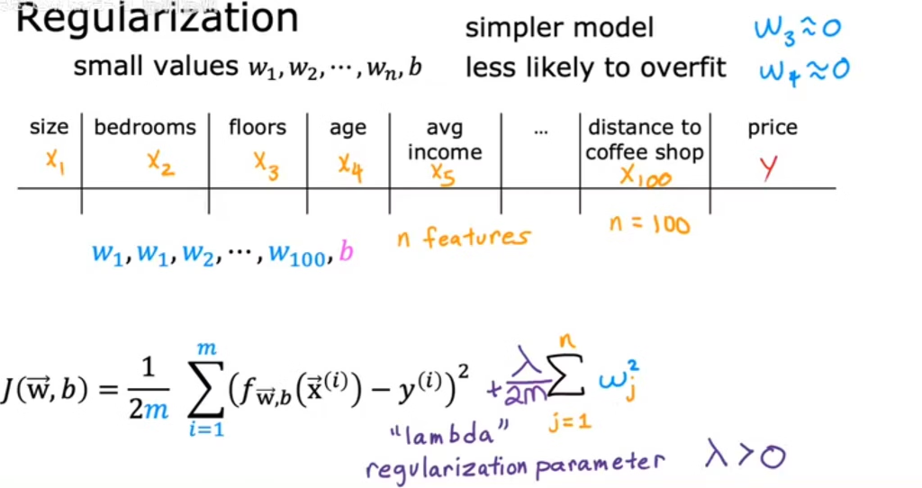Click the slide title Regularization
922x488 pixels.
click(157, 19)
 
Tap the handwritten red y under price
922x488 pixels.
click(768, 167)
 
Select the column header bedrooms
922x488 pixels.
click(145, 127)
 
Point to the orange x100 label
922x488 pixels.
click(645, 176)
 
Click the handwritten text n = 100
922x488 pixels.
click(649, 224)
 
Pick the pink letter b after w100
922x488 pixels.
click(347, 251)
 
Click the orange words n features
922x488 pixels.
click(464, 237)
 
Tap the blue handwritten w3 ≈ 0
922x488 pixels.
click(798, 29)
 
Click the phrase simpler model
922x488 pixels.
click(559, 28)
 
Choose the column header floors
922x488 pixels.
click(258, 127)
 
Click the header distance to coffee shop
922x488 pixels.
click(645, 140)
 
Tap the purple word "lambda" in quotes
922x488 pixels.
click(449, 435)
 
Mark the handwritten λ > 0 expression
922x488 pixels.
click(745, 455)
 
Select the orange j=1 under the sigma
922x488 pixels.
click(569, 421)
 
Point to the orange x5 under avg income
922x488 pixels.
click(443, 175)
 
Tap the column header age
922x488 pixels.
click(348, 128)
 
